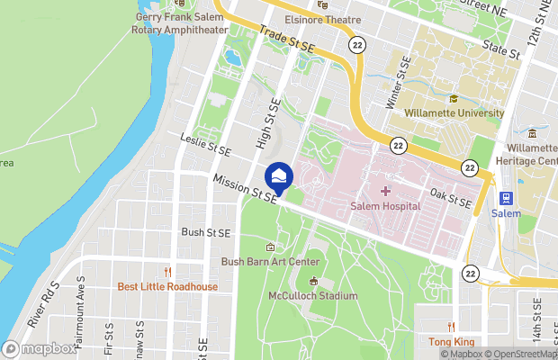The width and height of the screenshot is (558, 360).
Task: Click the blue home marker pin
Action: point(279,175)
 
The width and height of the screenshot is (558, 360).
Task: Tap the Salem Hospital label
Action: point(384,206)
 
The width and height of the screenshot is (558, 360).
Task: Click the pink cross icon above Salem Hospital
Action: point(385,191)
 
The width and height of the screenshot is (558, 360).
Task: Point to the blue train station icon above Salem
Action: point(505,197)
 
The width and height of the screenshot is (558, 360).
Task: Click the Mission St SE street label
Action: point(244,188)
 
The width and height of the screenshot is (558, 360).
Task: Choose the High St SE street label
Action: point(264,124)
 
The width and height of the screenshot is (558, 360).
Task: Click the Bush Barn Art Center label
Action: point(270,262)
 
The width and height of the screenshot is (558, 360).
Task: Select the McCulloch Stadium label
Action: point(313,295)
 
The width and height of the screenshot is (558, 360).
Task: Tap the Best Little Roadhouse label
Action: point(167,287)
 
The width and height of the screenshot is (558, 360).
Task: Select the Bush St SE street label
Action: point(206,232)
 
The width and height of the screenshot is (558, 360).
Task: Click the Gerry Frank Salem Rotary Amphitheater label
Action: point(181,23)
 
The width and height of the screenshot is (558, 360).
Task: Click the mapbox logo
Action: point(40,348)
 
